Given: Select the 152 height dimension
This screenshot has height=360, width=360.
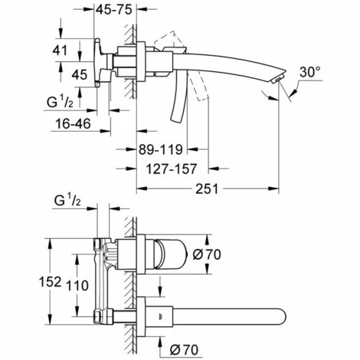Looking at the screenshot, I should (x=51, y=283).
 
